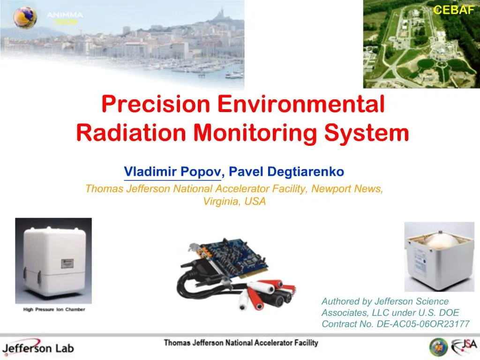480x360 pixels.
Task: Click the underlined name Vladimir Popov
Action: click(172, 172)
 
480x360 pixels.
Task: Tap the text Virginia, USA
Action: click(234, 202)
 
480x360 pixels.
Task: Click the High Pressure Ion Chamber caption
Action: click(54, 310)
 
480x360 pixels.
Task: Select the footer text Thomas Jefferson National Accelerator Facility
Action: click(240, 343)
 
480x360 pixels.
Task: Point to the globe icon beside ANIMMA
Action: click(25, 17)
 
